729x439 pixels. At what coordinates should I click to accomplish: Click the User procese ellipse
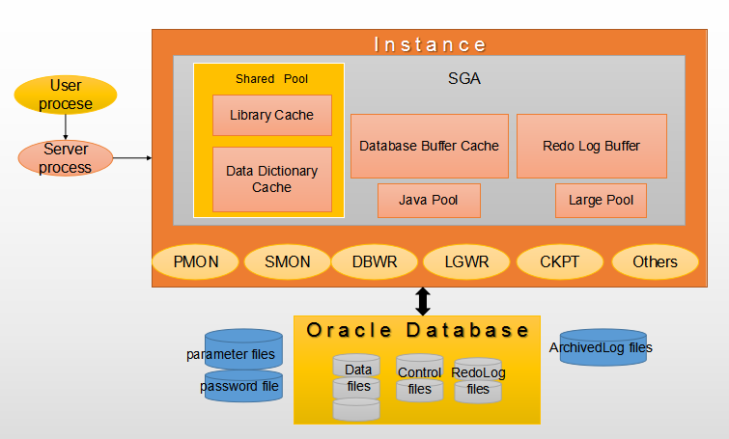tap(66, 95)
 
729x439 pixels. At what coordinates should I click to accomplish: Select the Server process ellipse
tap(66, 158)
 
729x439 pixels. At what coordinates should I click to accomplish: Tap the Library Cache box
tap(271, 115)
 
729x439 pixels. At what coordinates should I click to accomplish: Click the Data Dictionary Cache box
tap(271, 179)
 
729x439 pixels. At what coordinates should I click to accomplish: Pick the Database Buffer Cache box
tap(429, 146)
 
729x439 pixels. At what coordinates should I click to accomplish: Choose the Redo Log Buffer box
tap(591, 146)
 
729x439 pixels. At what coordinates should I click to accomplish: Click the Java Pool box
tap(429, 201)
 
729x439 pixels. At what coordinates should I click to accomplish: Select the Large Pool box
tap(601, 201)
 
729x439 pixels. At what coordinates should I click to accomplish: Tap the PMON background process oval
tap(196, 261)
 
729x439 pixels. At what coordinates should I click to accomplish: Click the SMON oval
tap(288, 261)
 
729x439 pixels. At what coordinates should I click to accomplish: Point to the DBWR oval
tap(375, 261)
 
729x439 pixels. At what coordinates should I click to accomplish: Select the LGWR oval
tap(466, 261)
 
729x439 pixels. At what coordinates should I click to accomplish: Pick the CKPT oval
tap(560, 261)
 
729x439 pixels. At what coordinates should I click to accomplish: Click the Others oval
tap(655, 261)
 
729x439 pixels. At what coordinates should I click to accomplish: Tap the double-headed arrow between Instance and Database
tap(422, 300)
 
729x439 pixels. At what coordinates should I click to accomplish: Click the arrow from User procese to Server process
tap(66, 126)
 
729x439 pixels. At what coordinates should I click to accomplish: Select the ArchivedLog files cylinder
tap(603, 348)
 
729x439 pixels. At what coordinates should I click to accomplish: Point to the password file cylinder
tap(243, 386)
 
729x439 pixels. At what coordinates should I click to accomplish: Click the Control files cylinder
tap(419, 379)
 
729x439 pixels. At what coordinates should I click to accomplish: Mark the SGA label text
tap(464, 80)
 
